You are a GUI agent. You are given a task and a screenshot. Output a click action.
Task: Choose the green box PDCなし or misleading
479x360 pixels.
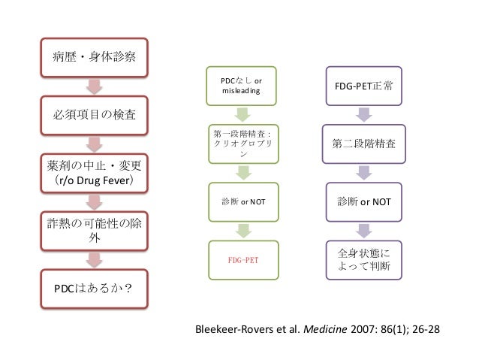click(x=240, y=86)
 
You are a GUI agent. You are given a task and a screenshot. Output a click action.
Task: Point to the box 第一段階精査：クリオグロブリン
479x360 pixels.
click(x=240, y=144)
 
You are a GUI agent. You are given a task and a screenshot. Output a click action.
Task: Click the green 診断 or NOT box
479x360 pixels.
click(x=240, y=201)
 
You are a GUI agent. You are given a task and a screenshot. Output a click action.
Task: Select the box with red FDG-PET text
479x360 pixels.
click(x=240, y=259)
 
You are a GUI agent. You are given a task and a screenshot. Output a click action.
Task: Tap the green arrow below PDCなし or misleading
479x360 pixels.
click(x=240, y=115)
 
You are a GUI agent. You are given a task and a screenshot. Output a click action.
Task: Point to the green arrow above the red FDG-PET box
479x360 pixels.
click(x=240, y=230)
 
